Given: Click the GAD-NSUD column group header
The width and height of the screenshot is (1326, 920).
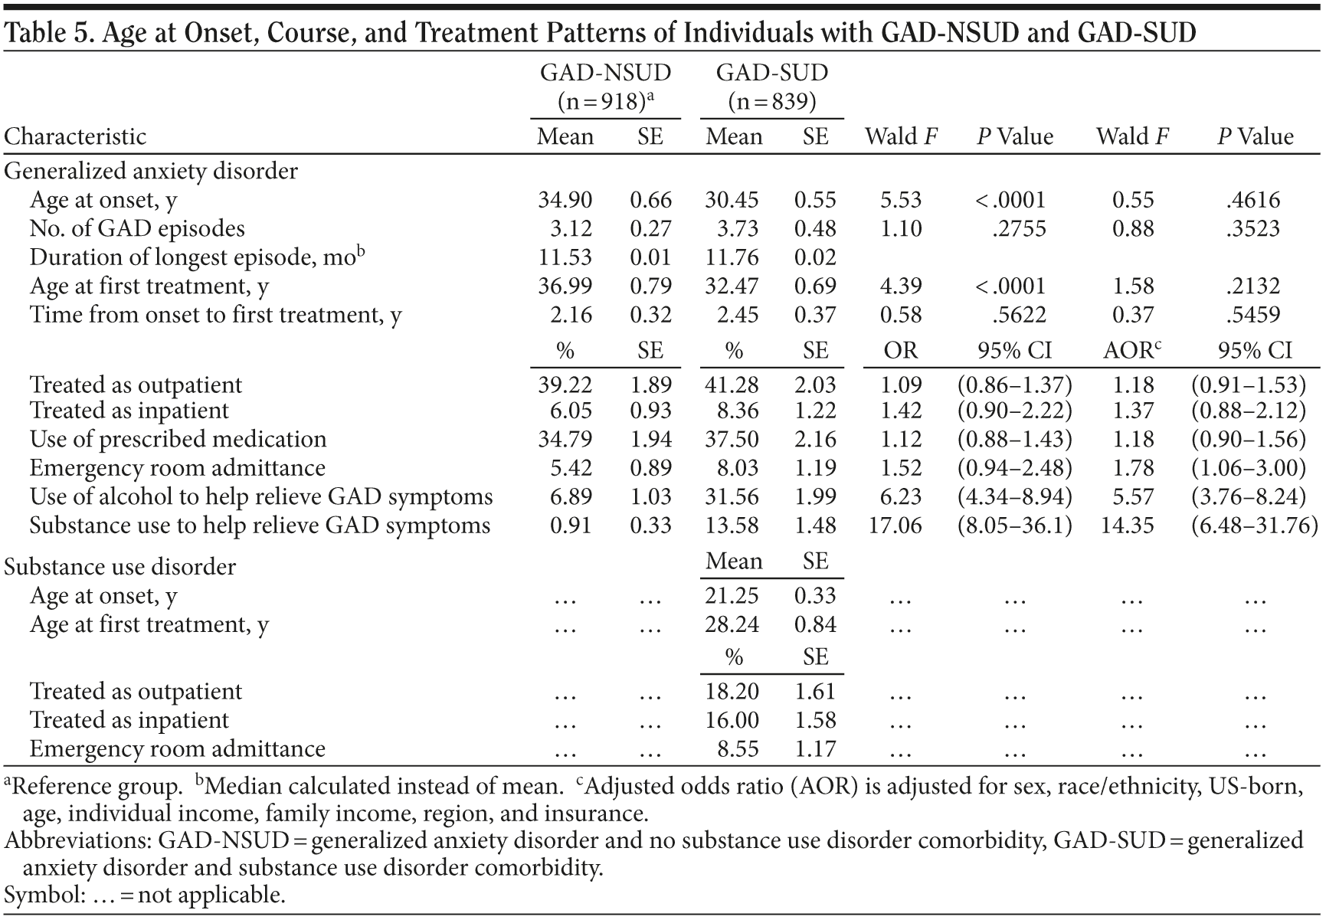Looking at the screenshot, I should [x=605, y=73].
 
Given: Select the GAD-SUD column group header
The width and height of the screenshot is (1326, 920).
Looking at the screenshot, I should [x=771, y=73].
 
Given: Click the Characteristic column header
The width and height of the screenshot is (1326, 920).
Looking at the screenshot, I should [x=75, y=136].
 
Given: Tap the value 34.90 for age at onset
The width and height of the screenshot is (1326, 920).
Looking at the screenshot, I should [x=565, y=200].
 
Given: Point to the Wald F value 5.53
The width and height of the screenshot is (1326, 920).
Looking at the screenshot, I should [x=900, y=200].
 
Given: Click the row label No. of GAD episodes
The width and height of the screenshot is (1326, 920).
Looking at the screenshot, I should [x=137, y=228].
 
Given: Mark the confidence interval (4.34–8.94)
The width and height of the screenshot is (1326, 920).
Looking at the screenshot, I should [x=1014, y=496].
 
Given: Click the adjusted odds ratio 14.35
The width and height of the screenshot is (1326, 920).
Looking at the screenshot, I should [x=1128, y=525].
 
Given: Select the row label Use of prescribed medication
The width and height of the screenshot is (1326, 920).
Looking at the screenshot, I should [x=178, y=439].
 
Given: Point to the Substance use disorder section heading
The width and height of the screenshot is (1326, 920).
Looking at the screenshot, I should [x=120, y=567].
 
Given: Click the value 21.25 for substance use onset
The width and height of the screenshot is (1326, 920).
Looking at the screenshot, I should [x=732, y=596].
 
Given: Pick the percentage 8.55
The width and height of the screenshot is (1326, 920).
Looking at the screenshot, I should [x=737, y=748].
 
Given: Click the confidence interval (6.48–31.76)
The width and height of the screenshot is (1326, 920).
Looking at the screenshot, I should [x=1255, y=525].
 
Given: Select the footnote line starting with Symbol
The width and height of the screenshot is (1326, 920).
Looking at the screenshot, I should [x=145, y=895].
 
